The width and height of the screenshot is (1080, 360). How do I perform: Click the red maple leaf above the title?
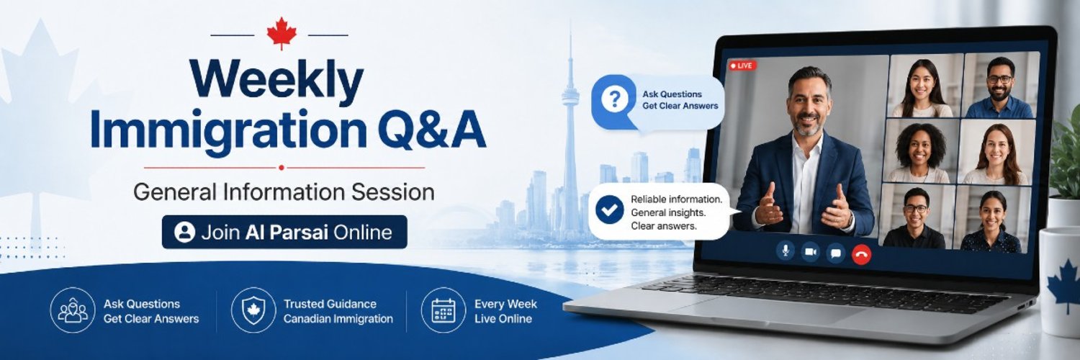coord(282,33)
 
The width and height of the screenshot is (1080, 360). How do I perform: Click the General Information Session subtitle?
coord(284,192)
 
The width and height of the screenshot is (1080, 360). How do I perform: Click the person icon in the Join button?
coord(184,232)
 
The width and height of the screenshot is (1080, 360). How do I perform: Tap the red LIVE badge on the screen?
coord(742,66)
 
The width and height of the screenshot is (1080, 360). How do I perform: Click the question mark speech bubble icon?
coord(615,100)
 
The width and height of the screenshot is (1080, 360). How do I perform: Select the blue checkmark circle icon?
coord(609,210)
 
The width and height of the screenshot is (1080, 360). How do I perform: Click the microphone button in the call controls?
coord(786,250)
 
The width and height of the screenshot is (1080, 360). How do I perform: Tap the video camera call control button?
coord(811,251)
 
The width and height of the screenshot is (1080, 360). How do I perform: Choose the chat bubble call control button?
coord(835,253)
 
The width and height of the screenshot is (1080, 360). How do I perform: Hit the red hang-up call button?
coord(862,254)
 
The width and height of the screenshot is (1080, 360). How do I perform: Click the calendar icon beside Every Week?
coord(443,310)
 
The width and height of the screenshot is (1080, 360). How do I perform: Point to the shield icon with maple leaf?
coord(253,310)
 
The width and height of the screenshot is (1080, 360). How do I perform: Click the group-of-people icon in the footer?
coord(73,310)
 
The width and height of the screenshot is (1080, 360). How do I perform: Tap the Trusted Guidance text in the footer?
coord(330,304)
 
